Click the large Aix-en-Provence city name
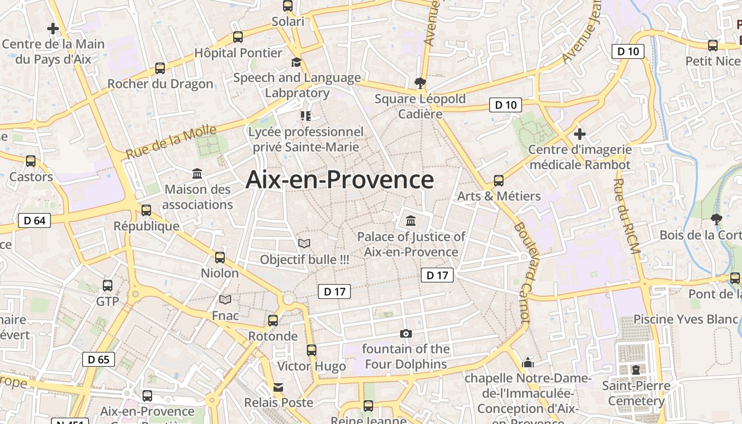coord(340,180)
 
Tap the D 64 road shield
coord(34,220)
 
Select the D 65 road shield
coord(99,359)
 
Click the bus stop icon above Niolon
coord(220,258)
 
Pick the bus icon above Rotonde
coord(273,320)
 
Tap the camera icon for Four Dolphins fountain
coord(406,333)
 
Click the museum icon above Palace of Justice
coord(411,220)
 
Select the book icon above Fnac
coord(225,300)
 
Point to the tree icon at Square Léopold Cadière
coord(420,83)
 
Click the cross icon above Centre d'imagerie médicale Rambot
coord(580,134)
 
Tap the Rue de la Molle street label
coord(171,142)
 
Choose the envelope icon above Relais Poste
coord(278,387)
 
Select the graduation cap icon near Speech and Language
coord(296,63)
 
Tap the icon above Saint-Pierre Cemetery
coord(636,369)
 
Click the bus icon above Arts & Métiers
coord(499,180)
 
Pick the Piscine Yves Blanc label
coord(686,319)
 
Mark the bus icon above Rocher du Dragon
coord(160,68)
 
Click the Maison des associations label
coord(198,197)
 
